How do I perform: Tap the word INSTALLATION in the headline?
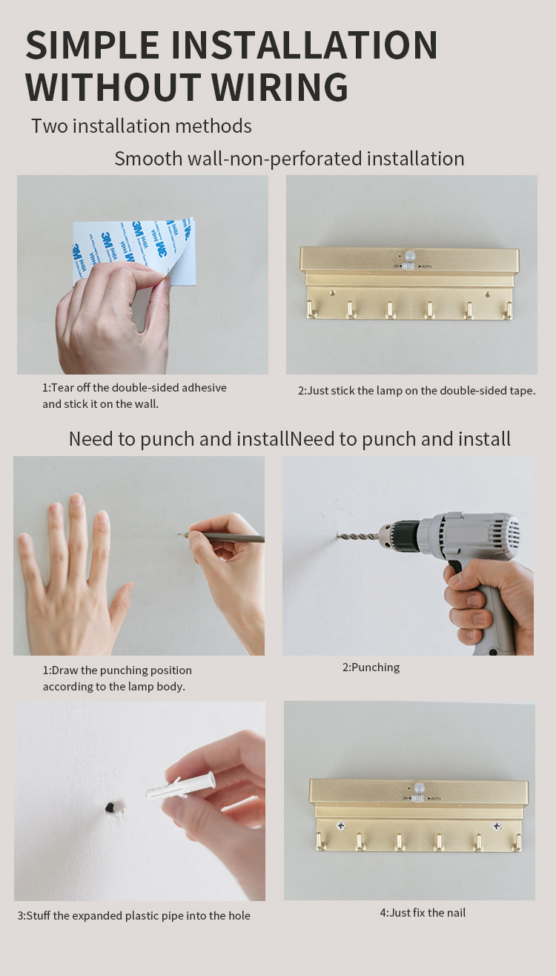[305, 44]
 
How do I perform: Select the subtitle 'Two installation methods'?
[142, 126]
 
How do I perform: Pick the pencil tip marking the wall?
[179, 534]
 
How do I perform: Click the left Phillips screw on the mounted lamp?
[341, 825]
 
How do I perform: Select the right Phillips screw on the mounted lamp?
[497, 825]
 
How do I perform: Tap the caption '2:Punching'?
[371, 667]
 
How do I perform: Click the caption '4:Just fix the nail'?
[423, 913]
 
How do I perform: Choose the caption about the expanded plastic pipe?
[133, 916]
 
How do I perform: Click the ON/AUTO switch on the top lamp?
[408, 266]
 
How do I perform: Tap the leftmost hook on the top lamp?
[311, 309]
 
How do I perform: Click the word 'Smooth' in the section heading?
[148, 159]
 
